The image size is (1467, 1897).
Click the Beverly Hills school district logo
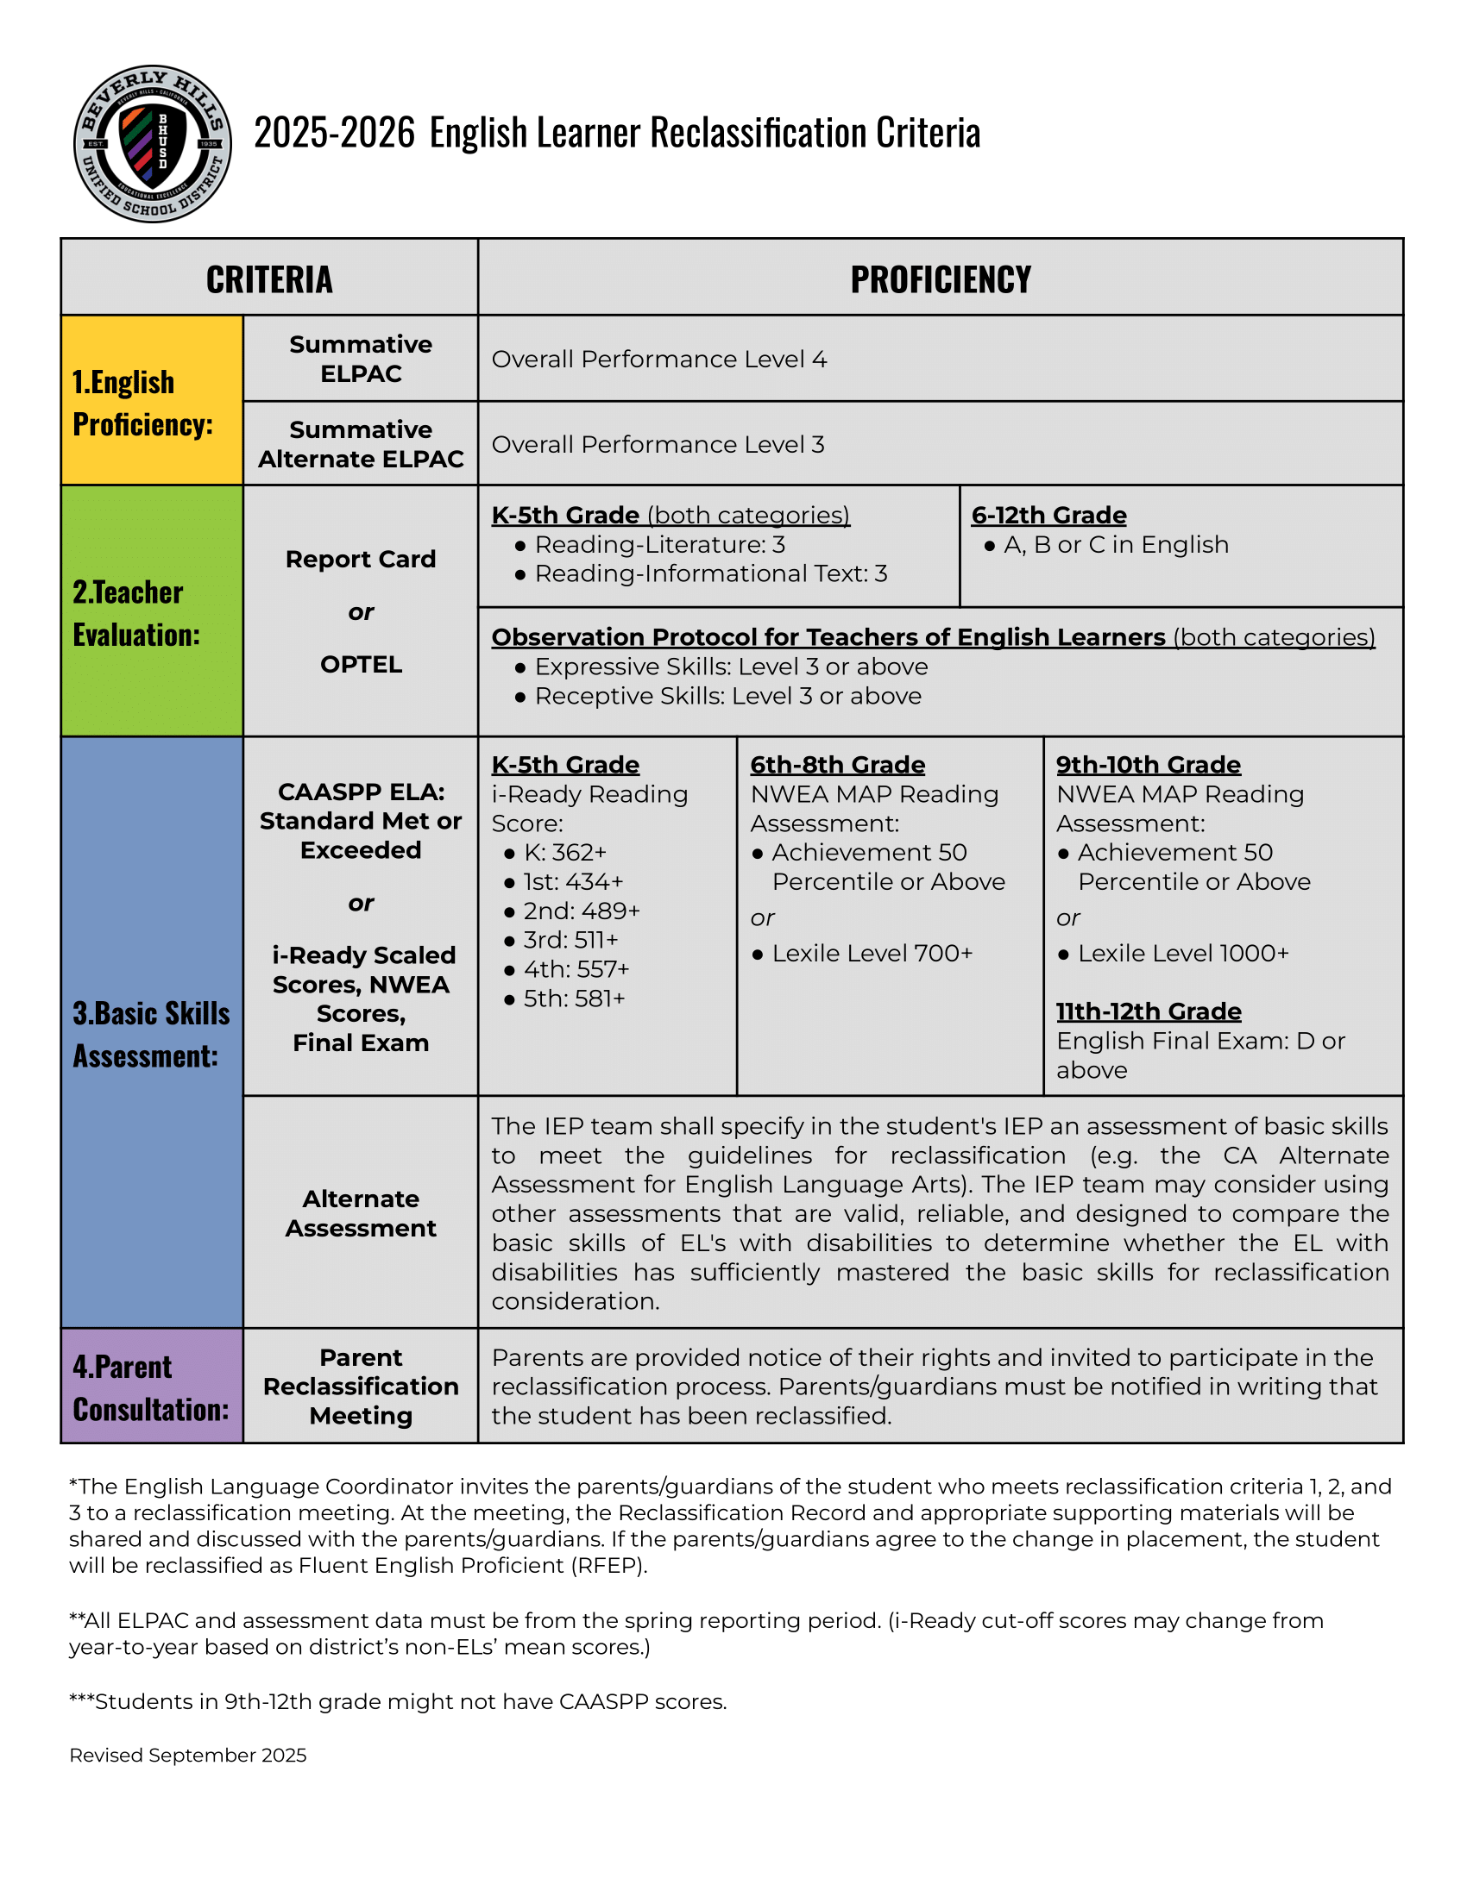[152, 143]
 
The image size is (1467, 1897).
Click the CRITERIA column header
[269, 279]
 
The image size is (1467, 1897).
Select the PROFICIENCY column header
[941, 279]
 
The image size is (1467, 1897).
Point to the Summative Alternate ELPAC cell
[361, 444]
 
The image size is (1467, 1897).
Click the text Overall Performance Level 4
[658, 360]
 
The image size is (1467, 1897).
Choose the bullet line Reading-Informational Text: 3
[710, 574]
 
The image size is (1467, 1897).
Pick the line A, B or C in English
[1116, 545]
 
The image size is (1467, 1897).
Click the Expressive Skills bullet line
[730, 667]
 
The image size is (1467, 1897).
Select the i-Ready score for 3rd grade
[571, 940]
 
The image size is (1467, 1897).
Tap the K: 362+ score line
[565, 852]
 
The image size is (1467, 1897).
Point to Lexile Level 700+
[872, 954]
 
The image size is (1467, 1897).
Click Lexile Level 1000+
[1183, 954]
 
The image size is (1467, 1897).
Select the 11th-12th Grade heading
[1148, 1012]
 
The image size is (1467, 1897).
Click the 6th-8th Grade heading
[837, 765]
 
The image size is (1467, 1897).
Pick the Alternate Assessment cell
[361, 1213]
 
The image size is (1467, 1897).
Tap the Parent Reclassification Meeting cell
[361, 1387]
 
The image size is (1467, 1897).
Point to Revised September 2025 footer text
[188, 1756]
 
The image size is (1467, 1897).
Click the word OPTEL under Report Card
[361, 665]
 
